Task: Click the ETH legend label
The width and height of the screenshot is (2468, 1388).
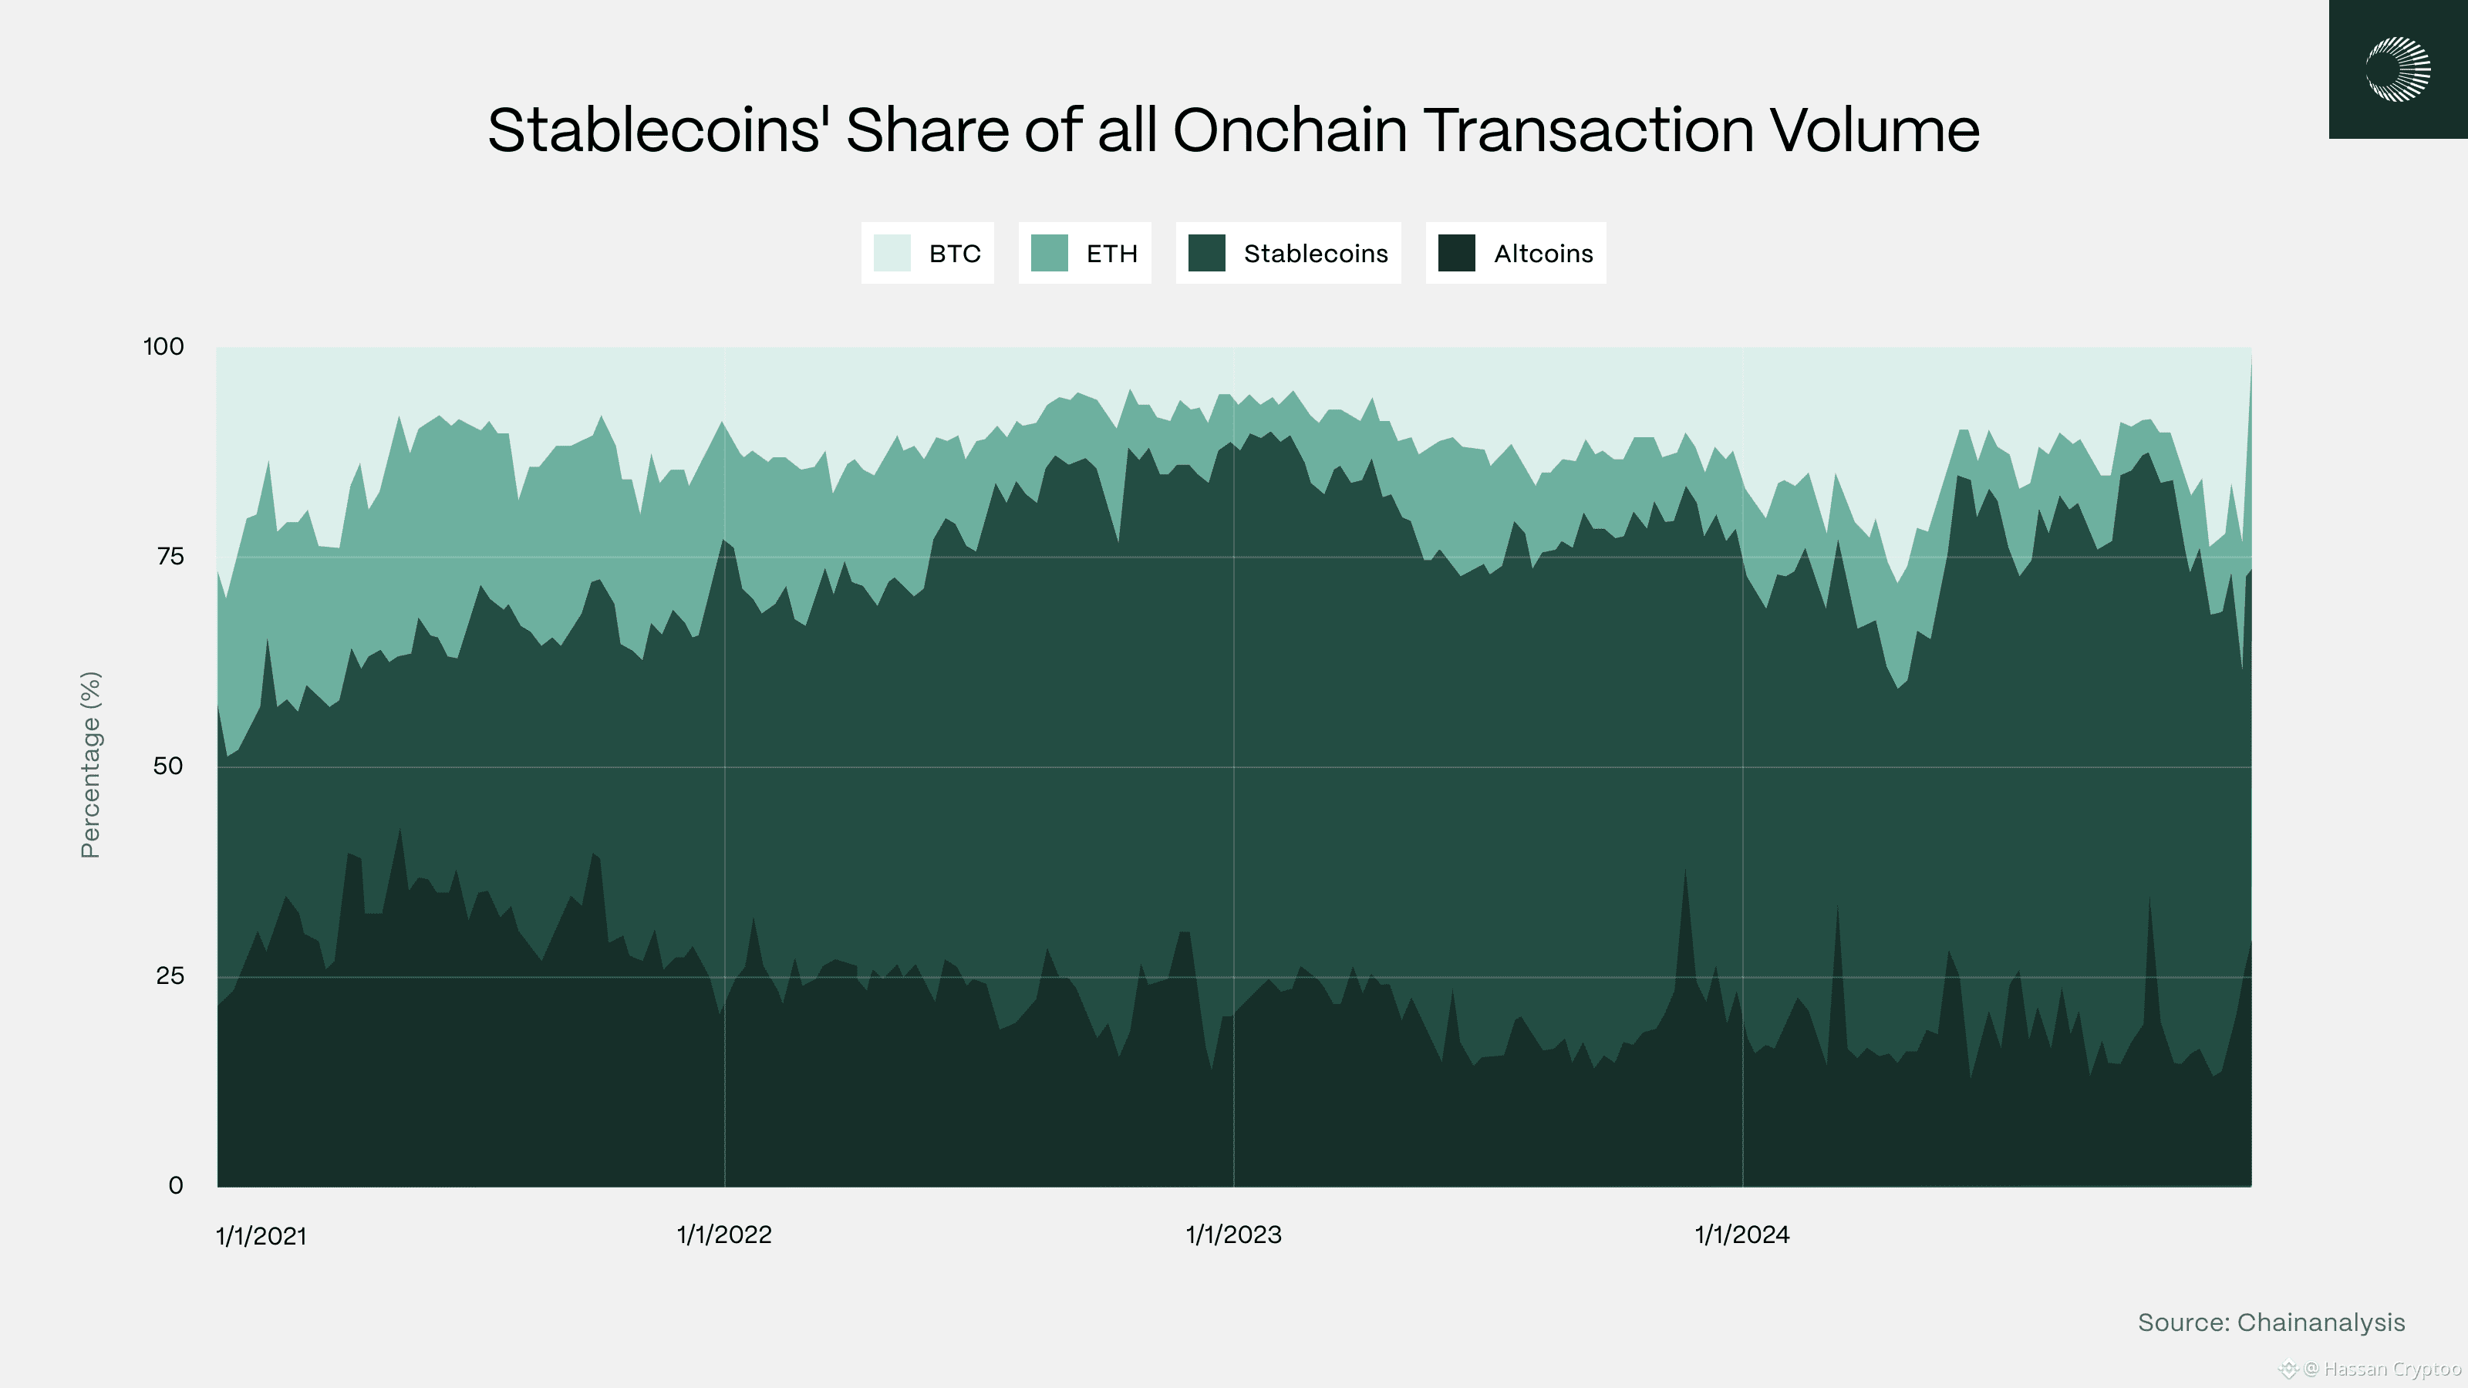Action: (1111, 254)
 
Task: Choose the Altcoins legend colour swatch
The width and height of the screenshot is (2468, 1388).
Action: (1455, 254)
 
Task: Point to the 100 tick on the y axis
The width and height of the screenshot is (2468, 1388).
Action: (164, 347)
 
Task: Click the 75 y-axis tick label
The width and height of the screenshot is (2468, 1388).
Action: (170, 557)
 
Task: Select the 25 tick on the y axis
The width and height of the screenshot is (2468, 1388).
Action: (170, 976)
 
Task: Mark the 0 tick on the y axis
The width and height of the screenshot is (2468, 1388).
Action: (175, 1186)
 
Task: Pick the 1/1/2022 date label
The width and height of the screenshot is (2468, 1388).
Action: (724, 1235)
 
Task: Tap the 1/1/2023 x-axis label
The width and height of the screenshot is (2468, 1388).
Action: (1233, 1235)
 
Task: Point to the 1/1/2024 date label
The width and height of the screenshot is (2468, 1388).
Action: (1741, 1235)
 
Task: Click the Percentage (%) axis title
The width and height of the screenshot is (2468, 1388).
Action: (90, 764)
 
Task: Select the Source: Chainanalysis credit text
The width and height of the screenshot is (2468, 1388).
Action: (2271, 1323)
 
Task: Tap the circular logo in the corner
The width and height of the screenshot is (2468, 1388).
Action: (2397, 69)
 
